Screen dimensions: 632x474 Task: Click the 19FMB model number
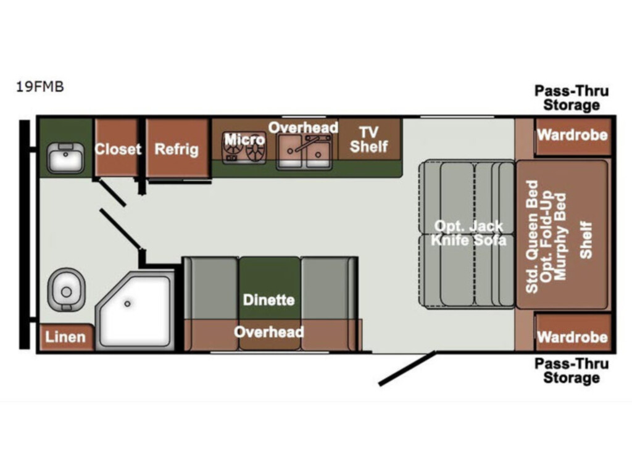[40, 86]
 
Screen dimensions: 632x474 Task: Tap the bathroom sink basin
[65, 158]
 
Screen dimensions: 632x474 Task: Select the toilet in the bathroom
[67, 290]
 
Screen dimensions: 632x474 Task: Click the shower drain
[127, 304]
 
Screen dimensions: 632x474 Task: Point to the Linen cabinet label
[65, 336]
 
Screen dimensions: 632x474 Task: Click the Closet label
[118, 149]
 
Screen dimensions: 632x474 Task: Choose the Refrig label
[177, 149]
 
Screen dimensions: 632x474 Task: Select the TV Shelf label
[369, 139]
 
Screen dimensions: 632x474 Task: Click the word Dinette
[269, 300]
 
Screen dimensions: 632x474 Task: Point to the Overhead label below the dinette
[269, 331]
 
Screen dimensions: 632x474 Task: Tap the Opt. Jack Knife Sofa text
[469, 233]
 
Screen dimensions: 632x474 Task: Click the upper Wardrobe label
[572, 135]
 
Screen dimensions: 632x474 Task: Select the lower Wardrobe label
[572, 336]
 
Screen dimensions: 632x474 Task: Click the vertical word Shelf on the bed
[586, 240]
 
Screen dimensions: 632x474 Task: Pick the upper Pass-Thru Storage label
[572, 98]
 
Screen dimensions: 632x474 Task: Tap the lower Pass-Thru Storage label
[572, 371]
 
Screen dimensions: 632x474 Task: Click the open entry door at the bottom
[407, 368]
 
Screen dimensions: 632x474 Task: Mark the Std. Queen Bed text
[532, 236]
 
